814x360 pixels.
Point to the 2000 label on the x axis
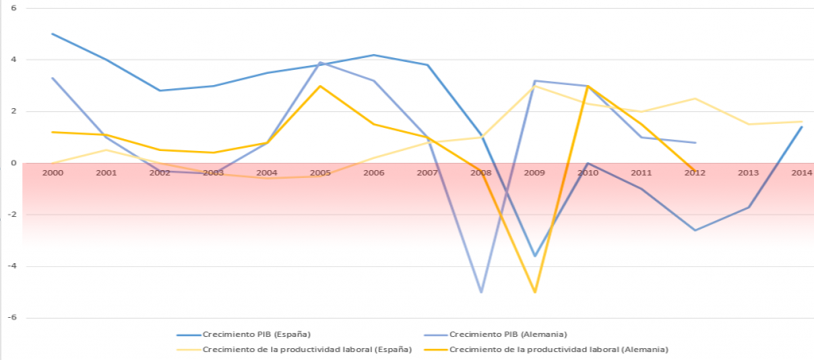[x=52, y=172]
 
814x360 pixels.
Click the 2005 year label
[x=320, y=172]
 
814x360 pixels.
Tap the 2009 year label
[x=535, y=172]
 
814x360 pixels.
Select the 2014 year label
[x=802, y=172]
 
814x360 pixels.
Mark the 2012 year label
[x=696, y=172]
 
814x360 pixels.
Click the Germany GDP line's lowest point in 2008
[x=481, y=292]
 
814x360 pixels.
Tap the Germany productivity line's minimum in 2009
[x=535, y=292]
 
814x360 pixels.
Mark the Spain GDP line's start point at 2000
[x=52, y=33]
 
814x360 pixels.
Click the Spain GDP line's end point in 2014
[x=802, y=126]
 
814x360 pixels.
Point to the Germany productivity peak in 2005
[x=320, y=86]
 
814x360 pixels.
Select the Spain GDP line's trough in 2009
[x=535, y=256]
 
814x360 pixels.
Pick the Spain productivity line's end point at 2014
[x=802, y=122]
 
